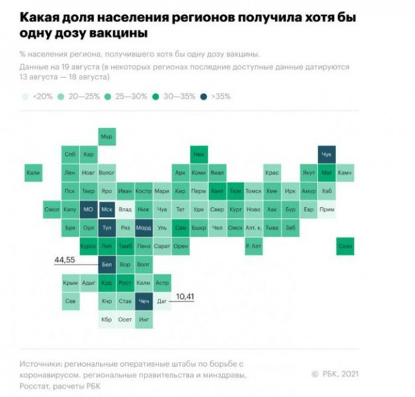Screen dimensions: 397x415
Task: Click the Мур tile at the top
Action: (107, 136)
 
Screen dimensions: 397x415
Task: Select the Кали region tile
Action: (33, 172)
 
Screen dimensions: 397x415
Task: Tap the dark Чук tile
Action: (327, 155)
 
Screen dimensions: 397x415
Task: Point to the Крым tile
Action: (70, 282)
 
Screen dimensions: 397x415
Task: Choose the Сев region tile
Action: (70, 301)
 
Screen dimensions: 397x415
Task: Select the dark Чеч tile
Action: (144, 301)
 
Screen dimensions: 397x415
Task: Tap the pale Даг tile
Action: (162, 301)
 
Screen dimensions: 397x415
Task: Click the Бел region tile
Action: (107, 264)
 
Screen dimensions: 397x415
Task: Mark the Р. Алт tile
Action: (254, 245)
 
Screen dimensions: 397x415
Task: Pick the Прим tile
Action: (327, 209)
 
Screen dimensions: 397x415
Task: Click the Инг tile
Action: (144, 319)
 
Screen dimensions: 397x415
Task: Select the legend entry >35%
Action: (219, 97)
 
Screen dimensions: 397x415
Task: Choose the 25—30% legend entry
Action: (130, 97)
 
